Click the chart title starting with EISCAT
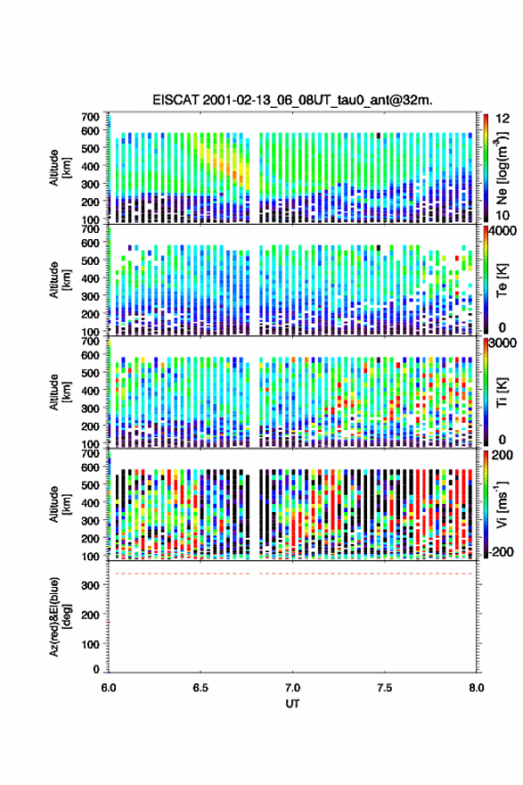click(x=292, y=100)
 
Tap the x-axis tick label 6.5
click(x=200, y=688)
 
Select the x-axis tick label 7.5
click(x=385, y=688)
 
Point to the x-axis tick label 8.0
click(x=477, y=688)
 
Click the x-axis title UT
click(x=292, y=704)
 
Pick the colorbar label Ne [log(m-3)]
click(x=502, y=168)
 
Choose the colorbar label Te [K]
click(x=502, y=280)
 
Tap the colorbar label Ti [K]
click(x=502, y=392)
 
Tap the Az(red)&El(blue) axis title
click(x=59, y=616)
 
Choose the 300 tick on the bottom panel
click(x=90, y=585)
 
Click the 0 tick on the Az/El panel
click(x=96, y=669)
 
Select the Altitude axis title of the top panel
click(x=60, y=168)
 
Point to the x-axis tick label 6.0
click(x=109, y=688)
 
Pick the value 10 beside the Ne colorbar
click(x=503, y=216)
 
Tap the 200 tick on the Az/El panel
click(x=90, y=615)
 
